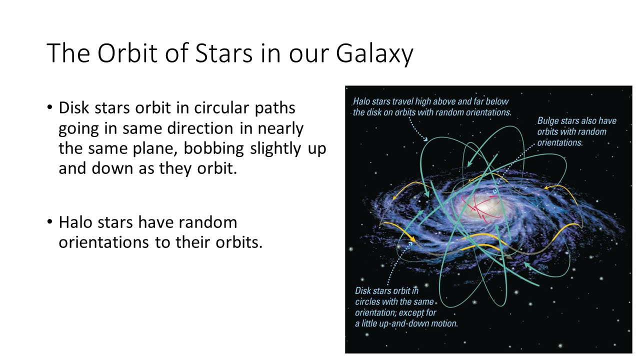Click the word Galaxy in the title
374,53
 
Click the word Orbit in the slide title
127,53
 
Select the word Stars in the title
223,53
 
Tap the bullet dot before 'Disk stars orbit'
49,107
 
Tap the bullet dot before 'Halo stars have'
49,222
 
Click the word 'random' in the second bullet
205,222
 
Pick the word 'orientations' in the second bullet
103,242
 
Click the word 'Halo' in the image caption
361,101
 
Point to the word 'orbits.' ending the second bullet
239,242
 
